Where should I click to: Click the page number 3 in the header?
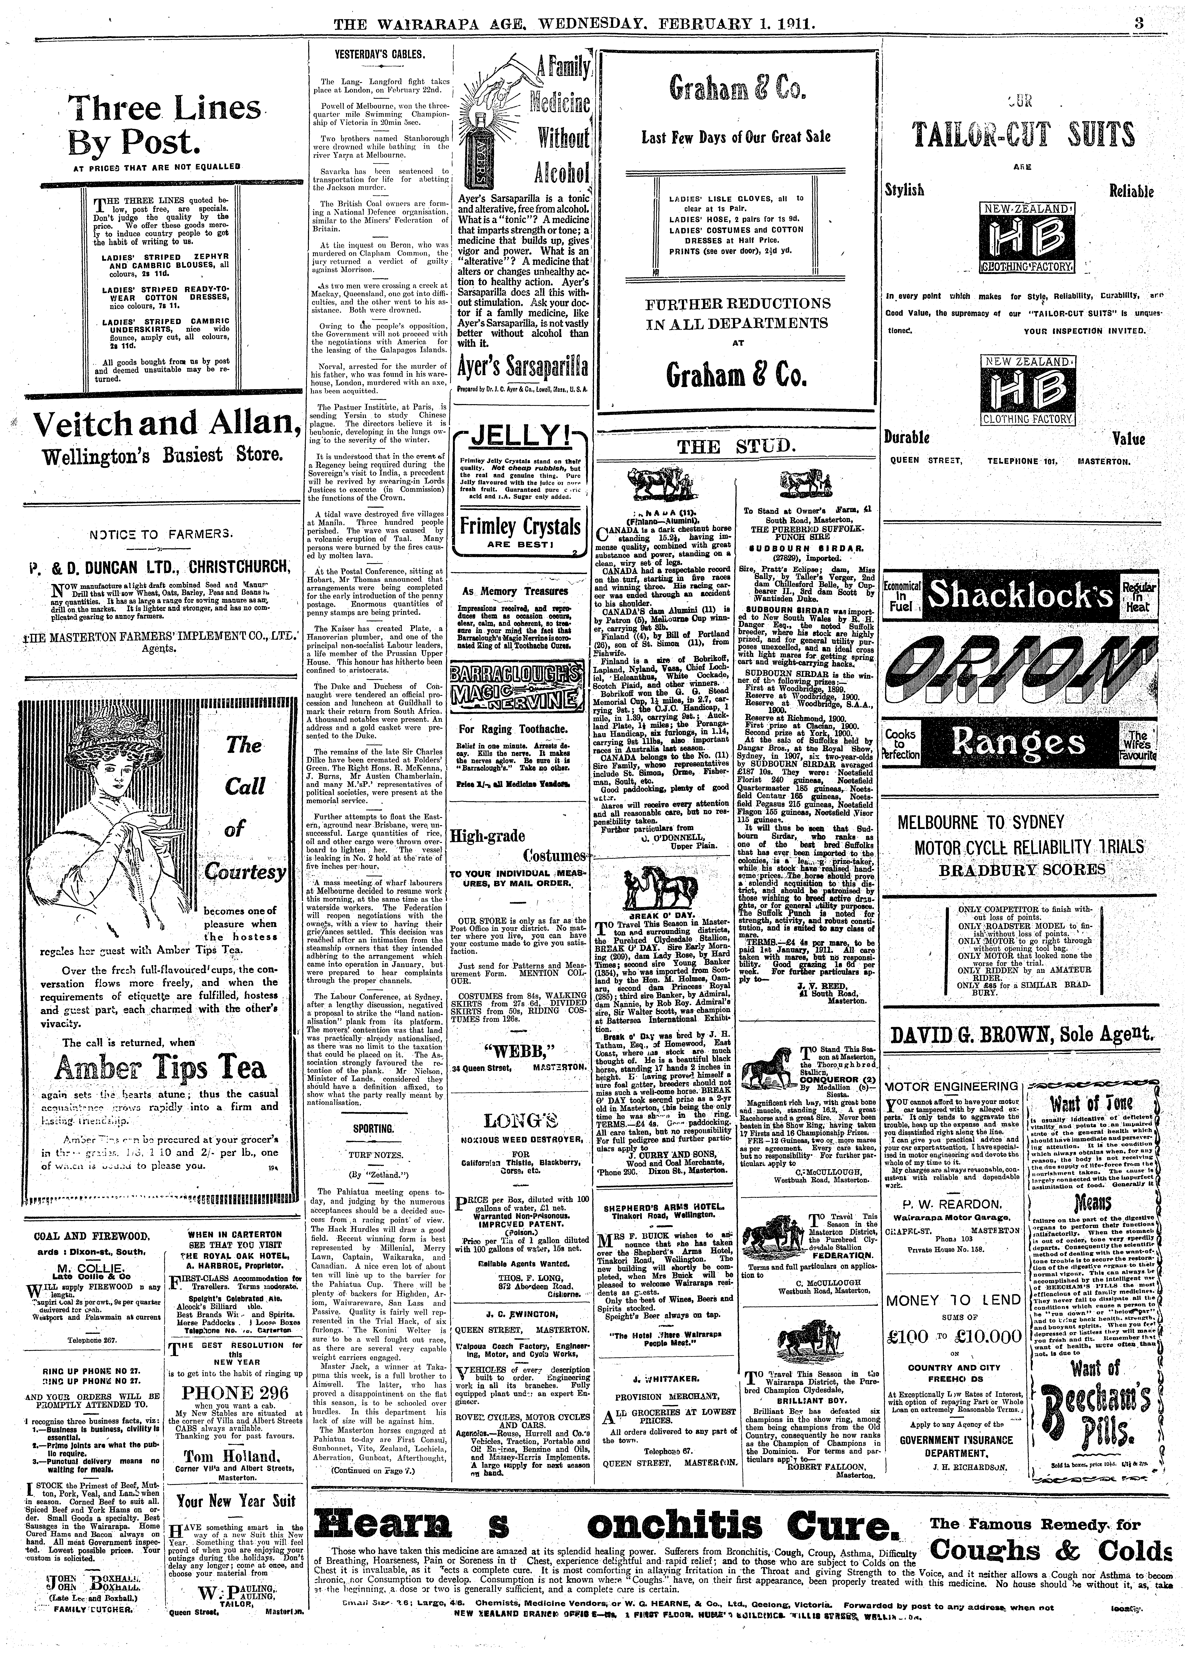(x=1138, y=24)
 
